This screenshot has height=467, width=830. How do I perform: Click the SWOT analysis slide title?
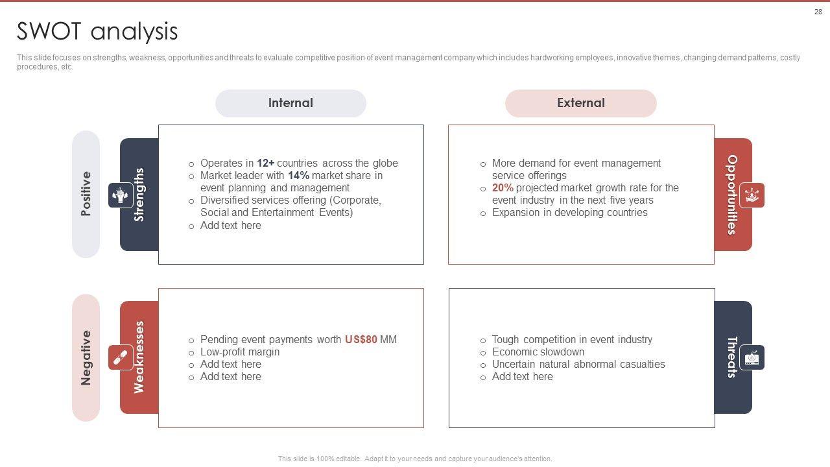97,31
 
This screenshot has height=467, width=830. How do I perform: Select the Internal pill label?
290,103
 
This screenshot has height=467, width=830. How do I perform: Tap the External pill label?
580,103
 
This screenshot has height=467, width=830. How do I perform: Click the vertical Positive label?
86,194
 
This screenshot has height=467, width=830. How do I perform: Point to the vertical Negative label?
86,357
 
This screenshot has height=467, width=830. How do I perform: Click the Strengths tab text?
139,195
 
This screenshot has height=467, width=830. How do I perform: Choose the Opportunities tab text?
732,195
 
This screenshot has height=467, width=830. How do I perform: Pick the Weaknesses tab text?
139,357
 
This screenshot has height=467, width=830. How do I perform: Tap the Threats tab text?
732,357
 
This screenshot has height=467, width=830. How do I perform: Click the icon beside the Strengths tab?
121,195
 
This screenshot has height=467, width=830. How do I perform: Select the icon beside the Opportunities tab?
752,195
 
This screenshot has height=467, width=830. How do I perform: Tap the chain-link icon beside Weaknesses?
121,357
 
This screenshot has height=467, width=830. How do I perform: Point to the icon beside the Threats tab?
752,357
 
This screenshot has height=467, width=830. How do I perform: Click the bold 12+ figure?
265,163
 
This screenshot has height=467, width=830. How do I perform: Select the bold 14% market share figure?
298,176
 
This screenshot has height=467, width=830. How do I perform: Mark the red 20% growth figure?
503,188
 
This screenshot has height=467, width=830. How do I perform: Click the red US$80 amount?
361,340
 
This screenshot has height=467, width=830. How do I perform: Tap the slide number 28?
818,12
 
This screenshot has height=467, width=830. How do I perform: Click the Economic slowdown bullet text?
538,352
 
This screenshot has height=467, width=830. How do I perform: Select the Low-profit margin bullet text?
240,352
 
